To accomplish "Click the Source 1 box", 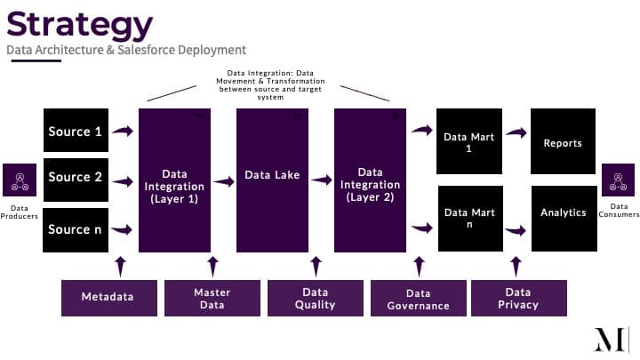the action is pos(76,130).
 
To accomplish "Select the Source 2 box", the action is pos(76,180).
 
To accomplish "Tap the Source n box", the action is pos(76,230).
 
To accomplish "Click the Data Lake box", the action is pos(272,180).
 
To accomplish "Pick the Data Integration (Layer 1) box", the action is pos(175,180).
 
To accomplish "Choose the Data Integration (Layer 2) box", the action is pos(370,180).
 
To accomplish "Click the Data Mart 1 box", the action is pos(469,141).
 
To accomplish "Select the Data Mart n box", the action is pos(470,219).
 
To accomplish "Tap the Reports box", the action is pos(564,141).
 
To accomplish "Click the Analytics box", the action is pos(564,219).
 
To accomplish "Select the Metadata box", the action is pos(109,298).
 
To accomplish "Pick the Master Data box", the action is pos(212,298).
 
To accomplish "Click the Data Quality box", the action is pos(316,298).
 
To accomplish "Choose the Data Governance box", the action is pos(419,298).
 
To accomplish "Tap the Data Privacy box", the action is pos(519,298).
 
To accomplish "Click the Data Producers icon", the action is pos(20,180).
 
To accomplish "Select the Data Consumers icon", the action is pos(618,180).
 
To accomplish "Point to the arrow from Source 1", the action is pos(123,131).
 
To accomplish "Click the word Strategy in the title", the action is pos(80,25).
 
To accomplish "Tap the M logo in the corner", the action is pos(611,340).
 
